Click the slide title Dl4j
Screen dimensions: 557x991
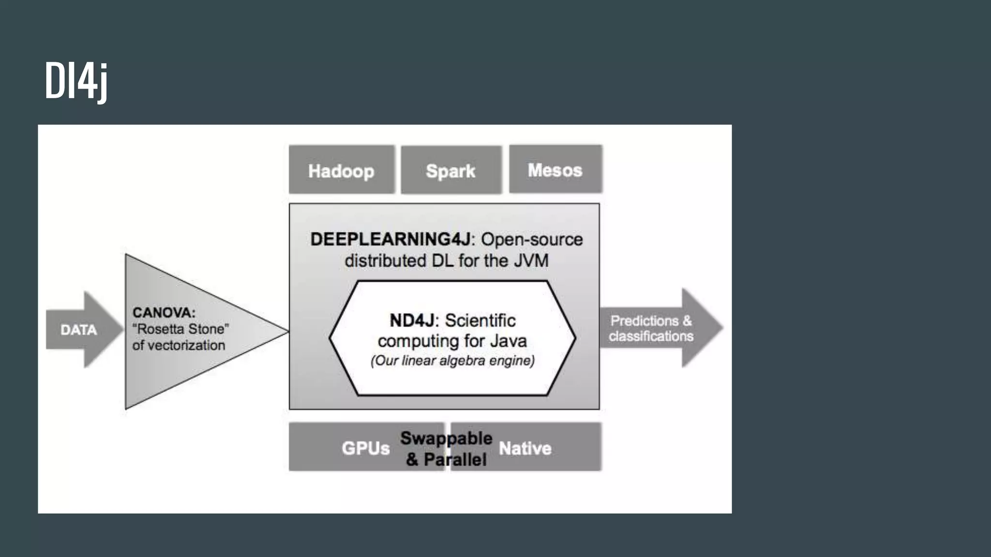pyautogui.click(x=76, y=81)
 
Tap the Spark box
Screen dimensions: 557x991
pyautogui.click(x=450, y=171)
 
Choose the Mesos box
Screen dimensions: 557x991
pyautogui.click(x=555, y=170)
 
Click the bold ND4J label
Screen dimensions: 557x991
pyautogui.click(x=412, y=320)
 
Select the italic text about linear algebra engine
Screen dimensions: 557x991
pyautogui.click(x=452, y=361)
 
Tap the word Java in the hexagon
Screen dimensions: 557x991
pyautogui.click(x=508, y=341)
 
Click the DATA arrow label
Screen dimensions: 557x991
pyautogui.click(x=78, y=330)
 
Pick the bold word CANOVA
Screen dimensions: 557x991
pyautogui.click(x=163, y=312)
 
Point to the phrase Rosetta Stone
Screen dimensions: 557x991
pyautogui.click(x=180, y=329)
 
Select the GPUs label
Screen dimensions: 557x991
pyautogui.click(x=365, y=448)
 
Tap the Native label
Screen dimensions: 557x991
pyautogui.click(x=525, y=448)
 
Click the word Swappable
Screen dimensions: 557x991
pyautogui.click(x=446, y=438)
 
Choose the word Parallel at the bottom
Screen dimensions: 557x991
pyautogui.click(x=455, y=459)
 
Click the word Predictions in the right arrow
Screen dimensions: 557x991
pyautogui.click(x=644, y=321)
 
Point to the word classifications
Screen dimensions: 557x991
pyautogui.click(x=651, y=336)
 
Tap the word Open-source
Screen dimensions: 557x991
pyautogui.click(x=532, y=239)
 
